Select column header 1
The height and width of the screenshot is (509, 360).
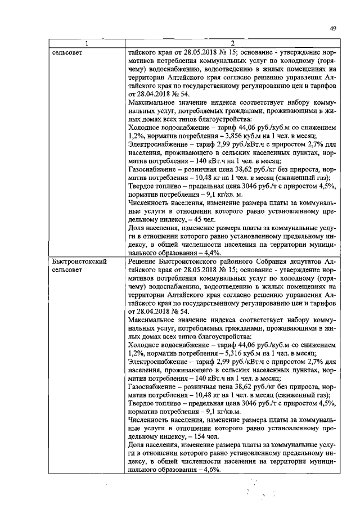tap(87, 44)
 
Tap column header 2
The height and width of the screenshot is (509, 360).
tap(232, 44)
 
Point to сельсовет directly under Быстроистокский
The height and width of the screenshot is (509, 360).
tap(67, 270)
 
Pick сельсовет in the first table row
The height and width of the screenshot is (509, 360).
tap(67, 52)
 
